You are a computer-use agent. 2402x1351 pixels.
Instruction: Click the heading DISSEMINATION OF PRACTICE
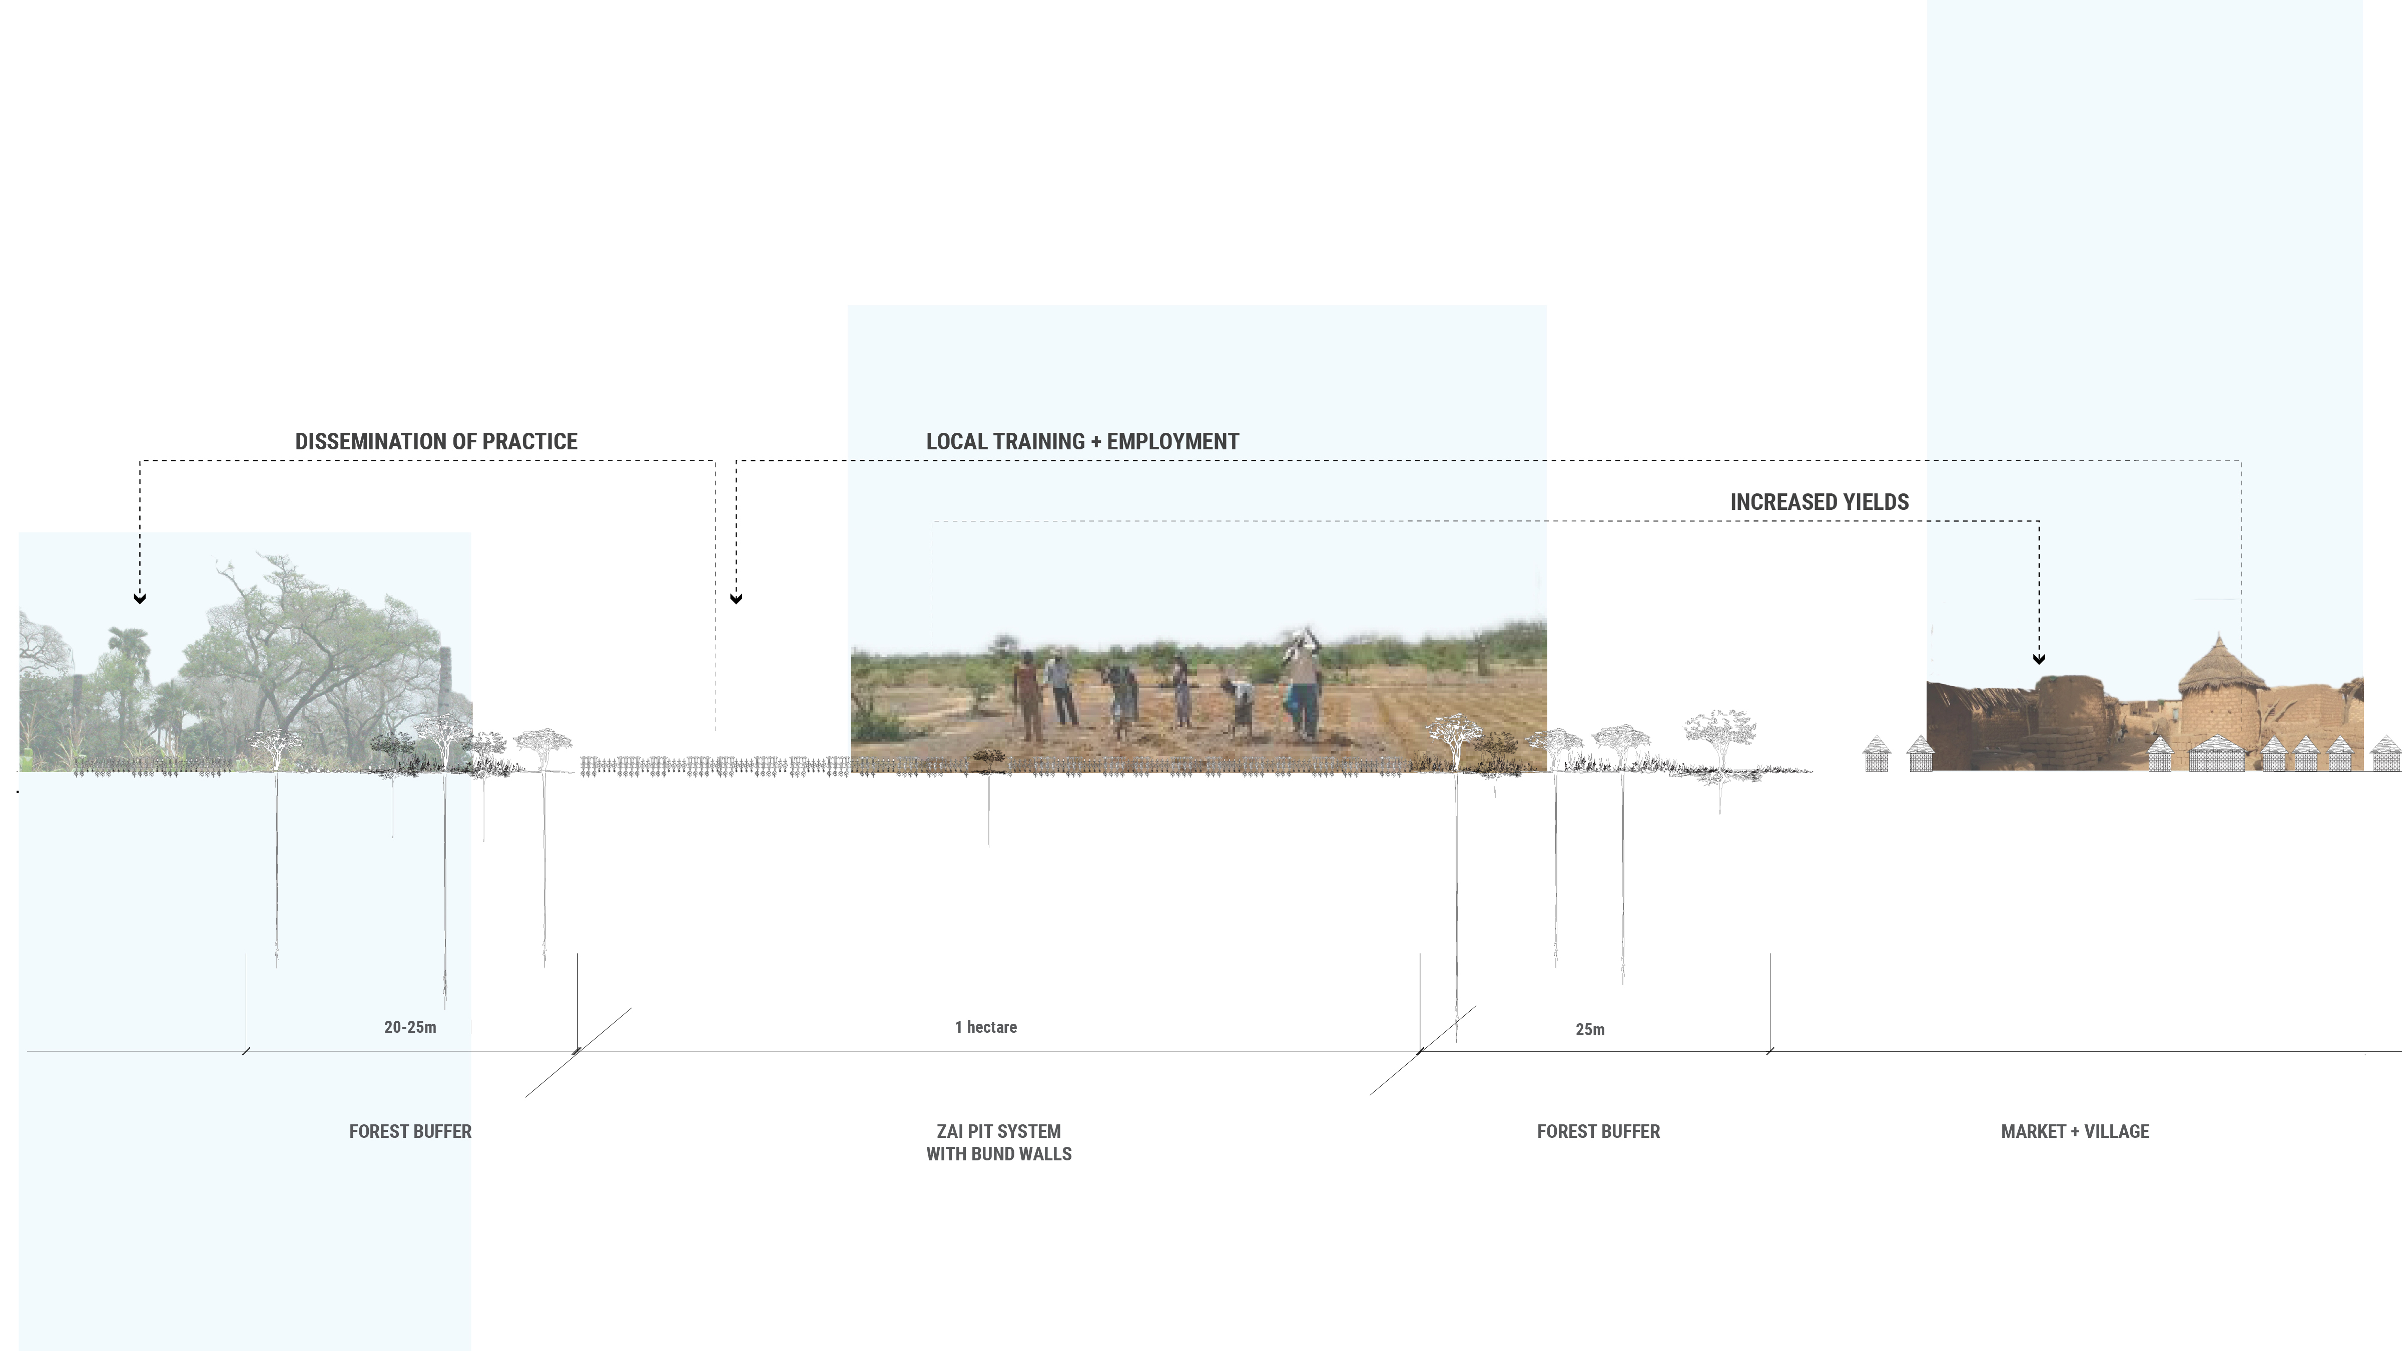(x=436, y=442)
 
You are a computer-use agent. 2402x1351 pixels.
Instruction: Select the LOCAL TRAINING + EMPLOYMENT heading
(x=1081, y=442)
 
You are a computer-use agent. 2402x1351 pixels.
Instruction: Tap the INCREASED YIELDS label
(x=1819, y=502)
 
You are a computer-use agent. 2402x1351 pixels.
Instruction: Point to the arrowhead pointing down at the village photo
(x=2039, y=658)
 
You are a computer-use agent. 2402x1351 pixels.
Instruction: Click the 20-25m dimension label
(x=410, y=1027)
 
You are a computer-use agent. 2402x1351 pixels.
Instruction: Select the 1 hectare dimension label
(x=986, y=1027)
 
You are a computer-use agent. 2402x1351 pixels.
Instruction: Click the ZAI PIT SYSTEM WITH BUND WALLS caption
(x=999, y=1142)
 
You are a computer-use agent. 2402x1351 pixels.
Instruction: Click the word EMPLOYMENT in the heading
(x=1173, y=442)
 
